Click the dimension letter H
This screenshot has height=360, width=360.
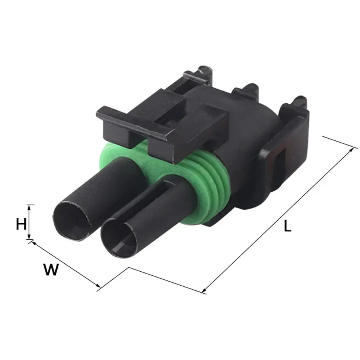tap(21, 224)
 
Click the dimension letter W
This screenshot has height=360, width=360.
tap(51, 270)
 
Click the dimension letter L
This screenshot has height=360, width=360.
tap(288, 226)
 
